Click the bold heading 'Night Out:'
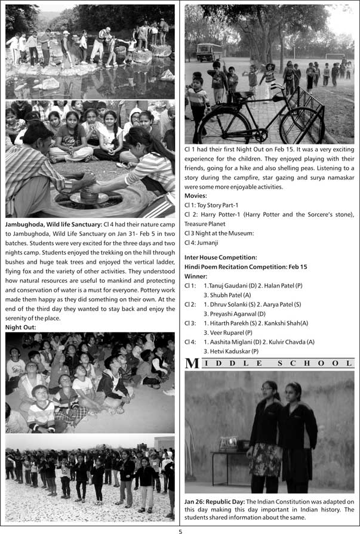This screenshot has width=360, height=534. [21, 328]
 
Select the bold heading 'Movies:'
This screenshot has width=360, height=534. [196, 196]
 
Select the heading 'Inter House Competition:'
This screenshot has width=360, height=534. [221, 257]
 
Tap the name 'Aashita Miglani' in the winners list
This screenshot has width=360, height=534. [235, 342]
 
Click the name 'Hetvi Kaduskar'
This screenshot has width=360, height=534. [235, 351]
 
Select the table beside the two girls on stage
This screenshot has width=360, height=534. [228, 453]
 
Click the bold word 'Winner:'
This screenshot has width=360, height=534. [196, 276]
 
